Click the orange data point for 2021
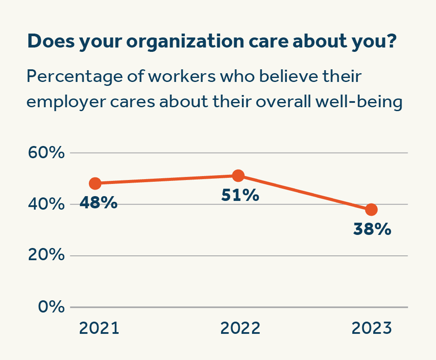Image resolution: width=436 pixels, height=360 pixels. point(95,183)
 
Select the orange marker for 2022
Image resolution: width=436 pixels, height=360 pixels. point(238,176)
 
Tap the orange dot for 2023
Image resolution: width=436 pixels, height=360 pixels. point(371,210)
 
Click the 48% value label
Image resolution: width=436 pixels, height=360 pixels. point(99,203)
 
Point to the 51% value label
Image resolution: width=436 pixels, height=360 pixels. point(240,195)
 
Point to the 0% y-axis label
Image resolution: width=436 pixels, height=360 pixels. point(51,307)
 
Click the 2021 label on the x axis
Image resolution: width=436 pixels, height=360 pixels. point(99,328)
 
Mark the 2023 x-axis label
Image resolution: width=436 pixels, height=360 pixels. point(372,328)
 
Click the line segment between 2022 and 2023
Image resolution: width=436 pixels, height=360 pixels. point(305,193)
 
